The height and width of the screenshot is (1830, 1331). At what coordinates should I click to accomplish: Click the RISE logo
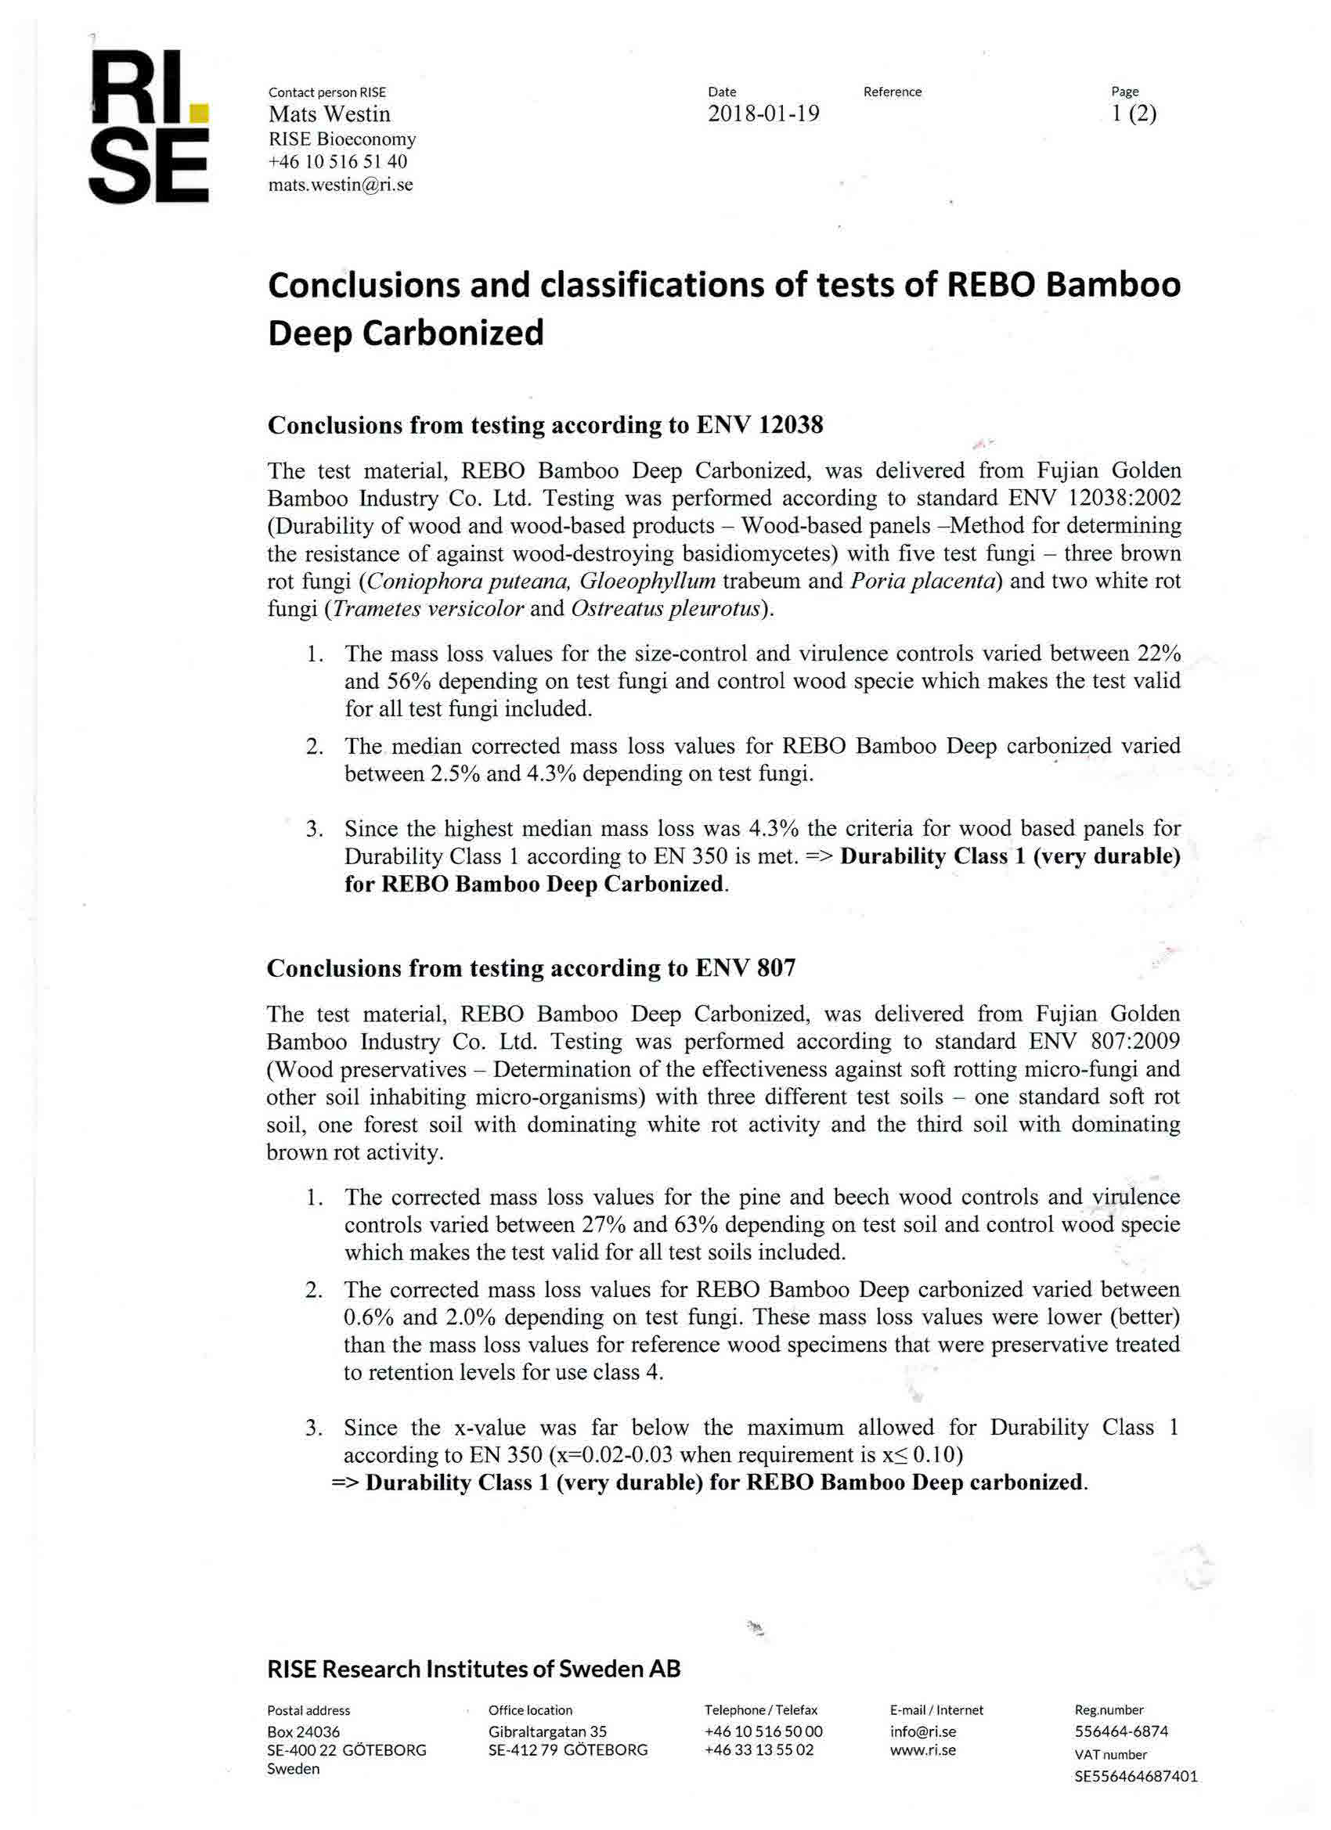(149, 128)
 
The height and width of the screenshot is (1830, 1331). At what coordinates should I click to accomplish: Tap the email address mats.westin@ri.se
(340, 185)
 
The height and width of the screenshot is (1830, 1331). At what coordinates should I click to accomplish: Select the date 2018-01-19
(763, 113)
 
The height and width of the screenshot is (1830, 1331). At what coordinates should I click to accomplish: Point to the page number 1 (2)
(1133, 113)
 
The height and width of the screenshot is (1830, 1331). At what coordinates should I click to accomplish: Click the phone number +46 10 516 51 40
(338, 161)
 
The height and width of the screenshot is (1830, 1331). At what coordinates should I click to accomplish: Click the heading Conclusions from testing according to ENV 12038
(545, 425)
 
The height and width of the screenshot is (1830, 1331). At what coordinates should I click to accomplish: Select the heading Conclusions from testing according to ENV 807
(531, 967)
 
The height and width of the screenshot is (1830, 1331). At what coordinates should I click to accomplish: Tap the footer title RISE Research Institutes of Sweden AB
(474, 1669)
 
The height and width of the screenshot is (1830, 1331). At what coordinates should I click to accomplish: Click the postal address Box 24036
(304, 1731)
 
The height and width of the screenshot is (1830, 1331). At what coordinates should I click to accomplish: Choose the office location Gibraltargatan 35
(547, 1731)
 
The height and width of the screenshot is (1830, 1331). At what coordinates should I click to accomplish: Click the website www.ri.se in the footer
(922, 1750)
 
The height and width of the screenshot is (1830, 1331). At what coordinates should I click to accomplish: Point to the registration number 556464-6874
(1121, 1731)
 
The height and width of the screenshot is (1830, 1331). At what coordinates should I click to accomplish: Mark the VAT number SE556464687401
(1136, 1776)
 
